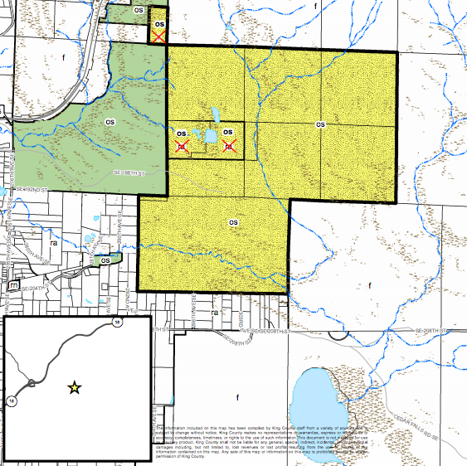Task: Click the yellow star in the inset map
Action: click(75, 386)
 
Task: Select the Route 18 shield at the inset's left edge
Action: click(12, 400)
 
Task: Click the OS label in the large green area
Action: click(109, 121)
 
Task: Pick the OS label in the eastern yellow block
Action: click(321, 124)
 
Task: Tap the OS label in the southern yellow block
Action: click(233, 223)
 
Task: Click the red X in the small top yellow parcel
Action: click(158, 36)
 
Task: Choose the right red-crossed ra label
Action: click(229, 146)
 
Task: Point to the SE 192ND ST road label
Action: click(34, 190)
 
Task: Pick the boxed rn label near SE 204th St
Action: click(13, 285)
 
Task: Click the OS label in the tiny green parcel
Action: click(105, 260)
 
